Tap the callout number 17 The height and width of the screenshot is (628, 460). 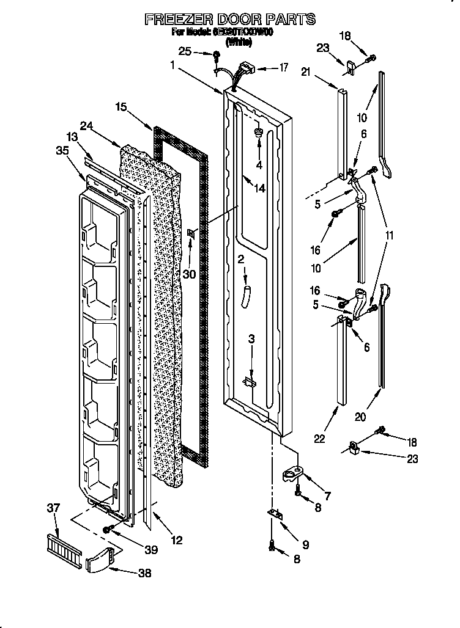click(x=283, y=68)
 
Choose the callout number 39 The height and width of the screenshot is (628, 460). click(x=150, y=550)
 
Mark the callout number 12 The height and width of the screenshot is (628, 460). click(x=177, y=540)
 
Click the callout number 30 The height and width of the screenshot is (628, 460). click(x=189, y=274)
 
